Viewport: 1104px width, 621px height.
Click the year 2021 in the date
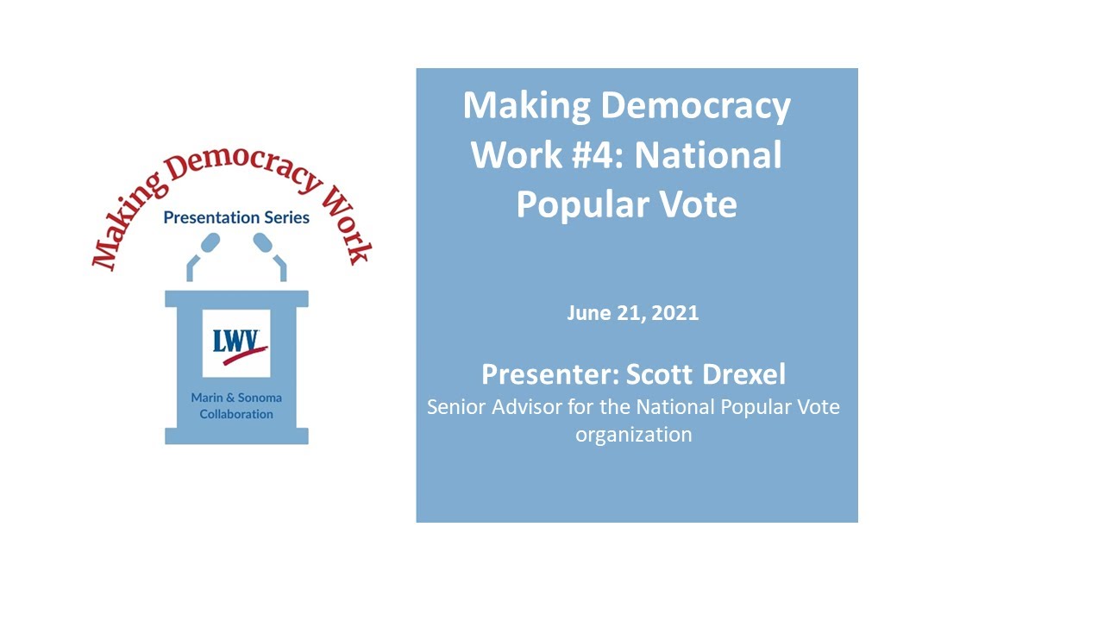(675, 313)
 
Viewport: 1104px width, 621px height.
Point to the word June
(586, 313)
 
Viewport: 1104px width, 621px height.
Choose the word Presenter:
(550, 374)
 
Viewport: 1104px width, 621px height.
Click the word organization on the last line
(634, 434)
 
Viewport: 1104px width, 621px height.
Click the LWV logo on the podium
(236, 342)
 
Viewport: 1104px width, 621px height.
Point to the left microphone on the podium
(210, 245)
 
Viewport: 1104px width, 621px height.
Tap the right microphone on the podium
(263, 245)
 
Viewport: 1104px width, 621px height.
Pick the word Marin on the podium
(210, 398)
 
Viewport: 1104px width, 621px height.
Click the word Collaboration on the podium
(236, 414)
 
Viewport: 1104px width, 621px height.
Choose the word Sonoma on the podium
(259, 398)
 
